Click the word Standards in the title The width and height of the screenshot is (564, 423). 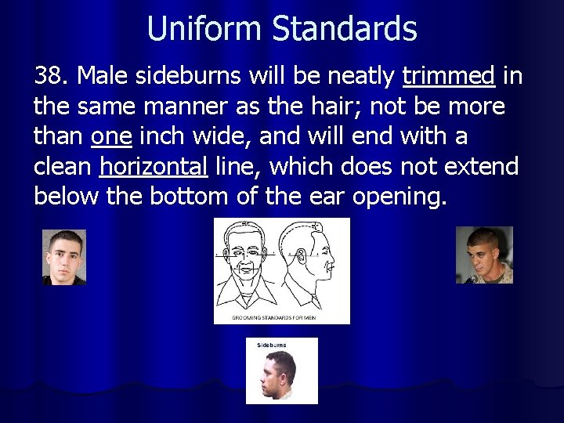click(345, 30)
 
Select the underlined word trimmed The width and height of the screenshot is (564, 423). click(448, 77)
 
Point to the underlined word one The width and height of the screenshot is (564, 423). click(111, 137)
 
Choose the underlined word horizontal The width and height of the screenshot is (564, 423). click(154, 167)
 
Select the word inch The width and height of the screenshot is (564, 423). click(160, 137)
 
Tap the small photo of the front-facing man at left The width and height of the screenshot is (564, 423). click(63, 257)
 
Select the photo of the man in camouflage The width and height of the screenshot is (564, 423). click(483, 255)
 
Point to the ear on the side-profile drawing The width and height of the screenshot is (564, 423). click(299, 256)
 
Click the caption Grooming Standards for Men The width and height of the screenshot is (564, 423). click(281, 318)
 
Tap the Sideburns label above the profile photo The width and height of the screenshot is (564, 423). click(271, 345)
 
